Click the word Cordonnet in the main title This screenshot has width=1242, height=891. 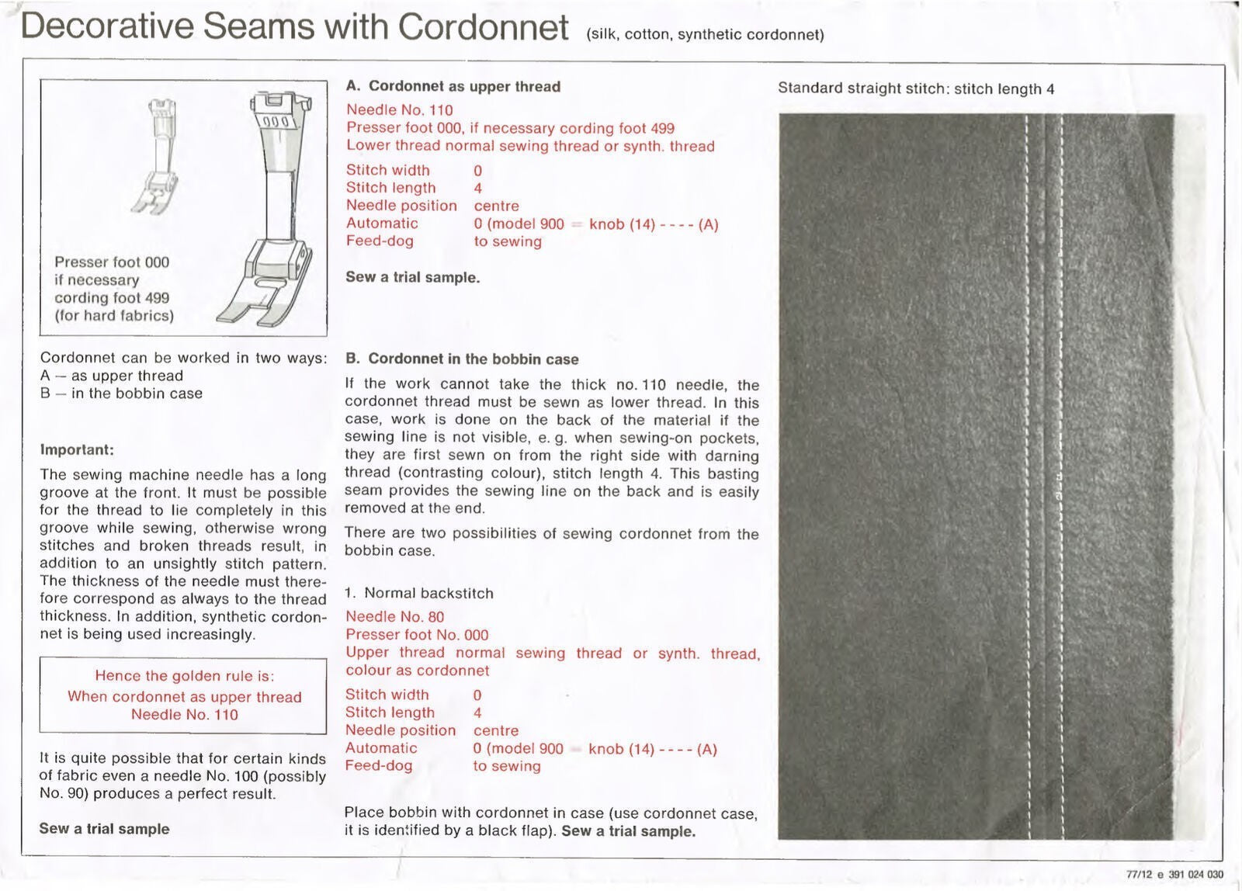pyautogui.click(x=484, y=27)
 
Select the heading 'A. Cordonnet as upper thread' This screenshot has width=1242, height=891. pyautogui.click(x=453, y=86)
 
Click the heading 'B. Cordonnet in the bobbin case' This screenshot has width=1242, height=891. pyautogui.click(x=462, y=359)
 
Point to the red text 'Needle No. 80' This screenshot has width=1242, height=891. pyautogui.click(x=394, y=617)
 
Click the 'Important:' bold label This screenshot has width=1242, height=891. pyautogui.click(x=77, y=450)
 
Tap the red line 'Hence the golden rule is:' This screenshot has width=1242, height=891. pyautogui.click(x=185, y=676)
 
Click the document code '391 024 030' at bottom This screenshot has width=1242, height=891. pyautogui.click(x=1195, y=875)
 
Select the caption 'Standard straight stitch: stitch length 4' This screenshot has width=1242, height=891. pyautogui.click(x=916, y=88)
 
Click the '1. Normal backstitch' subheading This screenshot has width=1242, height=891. pyautogui.click(x=419, y=593)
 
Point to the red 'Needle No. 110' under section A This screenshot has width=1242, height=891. pyautogui.click(x=399, y=110)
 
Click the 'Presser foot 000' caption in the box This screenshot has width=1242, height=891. pyautogui.click(x=112, y=262)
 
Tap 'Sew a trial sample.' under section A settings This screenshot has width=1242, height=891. pyautogui.click(x=412, y=277)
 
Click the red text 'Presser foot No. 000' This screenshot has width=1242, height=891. pyautogui.click(x=417, y=635)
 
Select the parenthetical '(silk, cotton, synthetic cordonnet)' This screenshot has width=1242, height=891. pyautogui.click(x=706, y=34)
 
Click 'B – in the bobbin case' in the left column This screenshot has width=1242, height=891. pyautogui.click(x=121, y=393)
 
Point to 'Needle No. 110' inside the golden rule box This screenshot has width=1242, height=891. pyautogui.click(x=185, y=715)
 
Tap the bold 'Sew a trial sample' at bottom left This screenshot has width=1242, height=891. pyautogui.click(x=104, y=829)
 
